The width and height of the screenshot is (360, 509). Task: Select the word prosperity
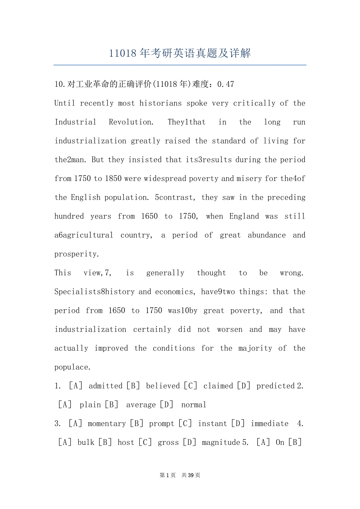tap(77, 254)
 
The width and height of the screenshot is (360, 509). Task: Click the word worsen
tap(230, 330)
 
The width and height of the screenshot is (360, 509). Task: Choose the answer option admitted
tap(106, 386)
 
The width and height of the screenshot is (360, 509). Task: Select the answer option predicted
tap(275, 386)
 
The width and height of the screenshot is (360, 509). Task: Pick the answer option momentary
tap(107, 424)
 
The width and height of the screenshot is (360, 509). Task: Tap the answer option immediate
tap(270, 424)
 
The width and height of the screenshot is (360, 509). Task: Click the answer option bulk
tap(86, 443)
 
